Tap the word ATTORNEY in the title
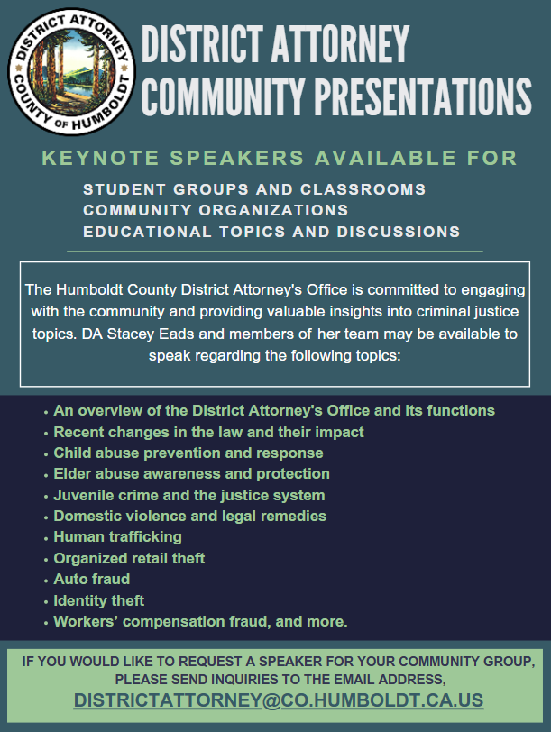(337, 42)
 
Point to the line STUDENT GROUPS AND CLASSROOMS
(254, 190)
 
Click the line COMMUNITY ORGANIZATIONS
(216, 211)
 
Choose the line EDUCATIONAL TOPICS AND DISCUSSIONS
(271, 232)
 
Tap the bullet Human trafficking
(117, 537)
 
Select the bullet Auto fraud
(91, 580)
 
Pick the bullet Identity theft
(98, 600)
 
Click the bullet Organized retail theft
(129, 559)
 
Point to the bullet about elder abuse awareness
(191, 474)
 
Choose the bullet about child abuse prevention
(188, 453)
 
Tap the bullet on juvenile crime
(188, 495)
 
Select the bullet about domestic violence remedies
(189, 517)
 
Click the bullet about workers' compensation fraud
(200, 622)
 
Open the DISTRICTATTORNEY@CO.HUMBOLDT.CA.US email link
(279, 700)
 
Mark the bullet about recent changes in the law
(208, 433)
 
